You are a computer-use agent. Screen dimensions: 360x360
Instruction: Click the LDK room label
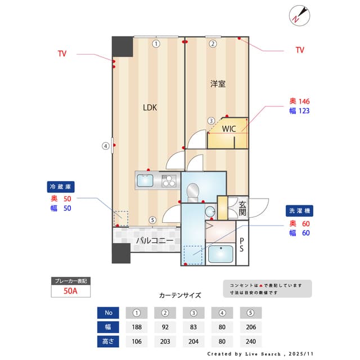click(149, 107)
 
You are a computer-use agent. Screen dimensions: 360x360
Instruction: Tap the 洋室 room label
click(218, 84)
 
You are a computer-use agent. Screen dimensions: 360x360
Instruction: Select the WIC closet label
click(228, 129)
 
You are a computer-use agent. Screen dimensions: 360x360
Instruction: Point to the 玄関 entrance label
click(242, 208)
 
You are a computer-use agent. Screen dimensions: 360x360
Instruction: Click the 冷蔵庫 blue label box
click(61, 186)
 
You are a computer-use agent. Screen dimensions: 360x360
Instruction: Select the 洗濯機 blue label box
click(299, 210)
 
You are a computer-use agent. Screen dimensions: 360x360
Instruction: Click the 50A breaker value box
click(70, 291)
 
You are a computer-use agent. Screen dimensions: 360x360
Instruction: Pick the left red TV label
click(62, 54)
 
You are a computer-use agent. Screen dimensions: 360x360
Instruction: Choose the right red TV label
click(300, 50)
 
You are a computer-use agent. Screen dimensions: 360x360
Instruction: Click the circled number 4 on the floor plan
click(105, 146)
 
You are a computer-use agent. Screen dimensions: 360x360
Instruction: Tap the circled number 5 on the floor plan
click(152, 220)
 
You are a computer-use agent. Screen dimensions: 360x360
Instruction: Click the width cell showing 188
click(137, 327)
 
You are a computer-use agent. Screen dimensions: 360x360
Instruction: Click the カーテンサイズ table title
click(180, 295)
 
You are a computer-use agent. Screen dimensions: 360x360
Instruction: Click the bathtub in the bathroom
click(221, 254)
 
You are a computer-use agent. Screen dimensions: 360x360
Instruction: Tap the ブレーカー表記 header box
click(70, 280)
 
